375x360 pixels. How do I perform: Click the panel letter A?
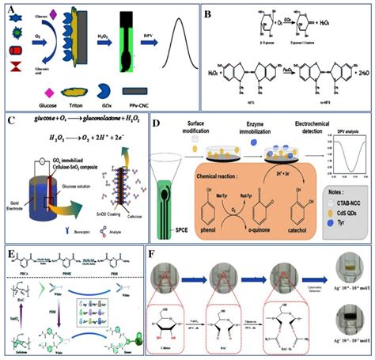pyautogui.click(x=10, y=9)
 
